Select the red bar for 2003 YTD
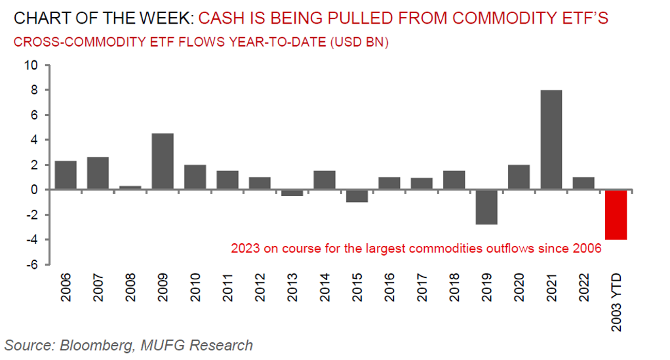617,214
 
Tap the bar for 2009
162,161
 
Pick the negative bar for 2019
487,207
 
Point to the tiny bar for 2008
130,188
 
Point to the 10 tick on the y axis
31,65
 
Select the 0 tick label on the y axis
34,190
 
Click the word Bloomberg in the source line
89,345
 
